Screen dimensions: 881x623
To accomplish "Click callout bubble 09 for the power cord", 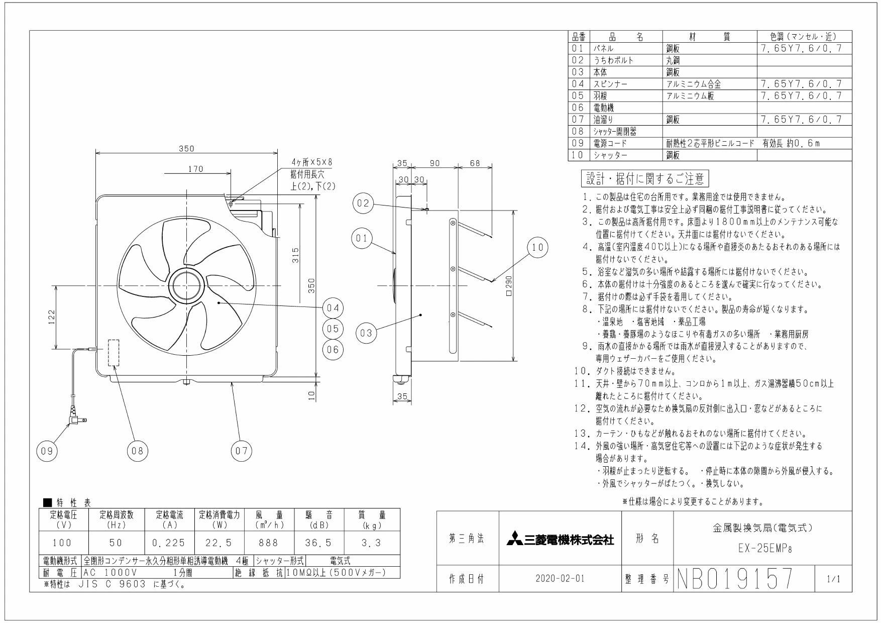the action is (47, 451).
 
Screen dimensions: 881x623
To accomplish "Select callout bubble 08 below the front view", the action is (137, 451).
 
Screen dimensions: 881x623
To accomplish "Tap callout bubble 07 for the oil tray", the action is (242, 451).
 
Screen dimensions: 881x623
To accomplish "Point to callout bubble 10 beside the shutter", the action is (537, 247).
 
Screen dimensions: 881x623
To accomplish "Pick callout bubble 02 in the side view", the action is (363, 203).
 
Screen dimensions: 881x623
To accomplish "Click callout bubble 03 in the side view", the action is (367, 333).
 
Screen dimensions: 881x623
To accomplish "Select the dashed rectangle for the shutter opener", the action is (114, 353).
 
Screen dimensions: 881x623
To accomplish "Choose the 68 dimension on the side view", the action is (475, 163).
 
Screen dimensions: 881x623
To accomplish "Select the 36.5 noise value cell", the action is (319, 543).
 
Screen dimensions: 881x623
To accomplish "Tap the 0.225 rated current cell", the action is (169, 543).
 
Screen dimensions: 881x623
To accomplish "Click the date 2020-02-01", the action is (560, 579).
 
